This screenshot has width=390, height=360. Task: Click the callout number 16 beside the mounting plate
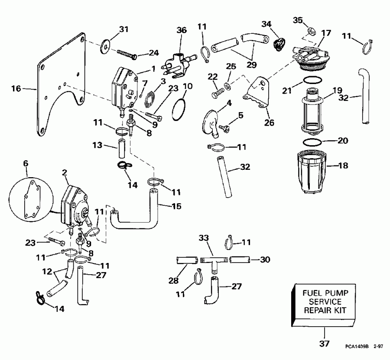16,89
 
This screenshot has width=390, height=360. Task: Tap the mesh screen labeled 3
149,98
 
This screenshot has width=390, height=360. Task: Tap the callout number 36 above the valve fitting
181,30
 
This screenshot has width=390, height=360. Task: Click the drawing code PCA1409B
356,347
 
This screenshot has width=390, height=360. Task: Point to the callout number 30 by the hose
265,260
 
